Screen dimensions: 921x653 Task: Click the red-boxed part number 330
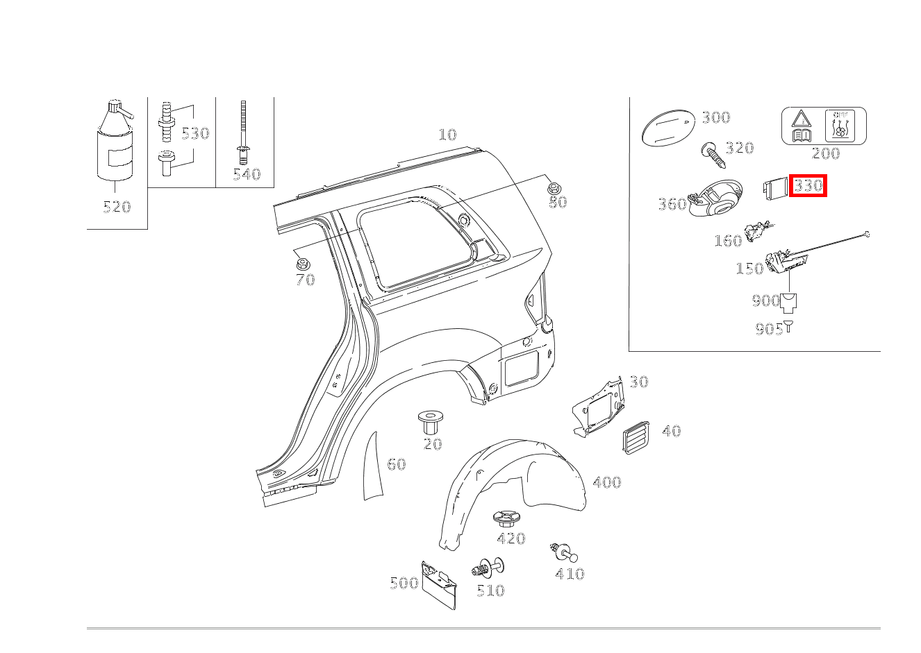click(x=808, y=186)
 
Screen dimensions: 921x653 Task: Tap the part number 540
click(x=247, y=175)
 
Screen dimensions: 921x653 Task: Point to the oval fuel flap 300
click(x=668, y=127)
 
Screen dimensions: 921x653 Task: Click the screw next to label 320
click(x=713, y=155)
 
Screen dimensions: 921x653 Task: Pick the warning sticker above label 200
click(x=824, y=126)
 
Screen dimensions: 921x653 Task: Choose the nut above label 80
click(x=554, y=189)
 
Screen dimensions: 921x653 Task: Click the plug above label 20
click(x=431, y=422)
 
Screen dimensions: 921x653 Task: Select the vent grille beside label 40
click(x=636, y=437)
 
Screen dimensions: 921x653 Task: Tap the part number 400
click(x=607, y=482)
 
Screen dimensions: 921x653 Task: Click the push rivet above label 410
click(x=563, y=552)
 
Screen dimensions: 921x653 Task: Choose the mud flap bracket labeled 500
click(x=439, y=585)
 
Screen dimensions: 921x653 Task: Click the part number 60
click(x=397, y=464)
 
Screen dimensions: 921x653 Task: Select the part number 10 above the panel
click(x=447, y=135)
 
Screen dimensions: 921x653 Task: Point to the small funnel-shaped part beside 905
click(x=788, y=326)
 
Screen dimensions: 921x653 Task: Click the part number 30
click(x=639, y=382)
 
